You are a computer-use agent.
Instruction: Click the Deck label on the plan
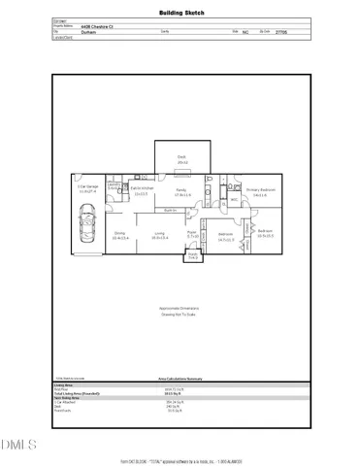coord(180,156)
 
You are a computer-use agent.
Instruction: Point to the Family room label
coord(180,191)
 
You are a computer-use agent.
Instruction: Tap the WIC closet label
coord(234,200)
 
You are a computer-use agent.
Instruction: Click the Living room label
coord(159,234)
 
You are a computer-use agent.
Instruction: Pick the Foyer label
coord(192,234)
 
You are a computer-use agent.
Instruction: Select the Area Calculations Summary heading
coord(180,380)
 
